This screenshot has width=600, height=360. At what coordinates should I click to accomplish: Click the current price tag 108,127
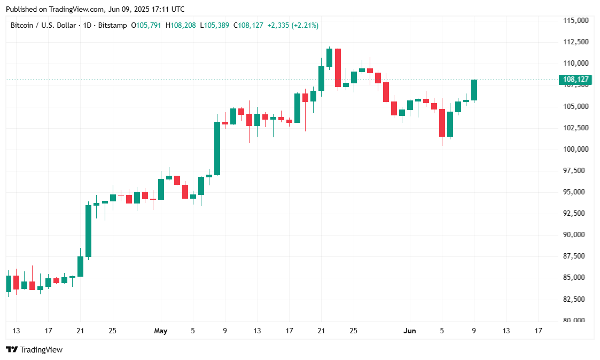[575, 80]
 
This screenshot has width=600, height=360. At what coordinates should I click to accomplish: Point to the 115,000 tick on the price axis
[575, 20]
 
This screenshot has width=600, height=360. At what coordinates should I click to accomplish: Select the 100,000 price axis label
[575, 149]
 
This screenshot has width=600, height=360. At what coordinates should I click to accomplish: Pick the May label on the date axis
[160, 331]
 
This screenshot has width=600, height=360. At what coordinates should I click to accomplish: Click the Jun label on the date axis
[410, 331]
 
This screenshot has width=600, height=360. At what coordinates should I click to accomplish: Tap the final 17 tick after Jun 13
[538, 331]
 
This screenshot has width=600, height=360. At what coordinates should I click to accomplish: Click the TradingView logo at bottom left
[34, 350]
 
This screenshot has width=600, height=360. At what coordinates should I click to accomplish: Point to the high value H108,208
[181, 25]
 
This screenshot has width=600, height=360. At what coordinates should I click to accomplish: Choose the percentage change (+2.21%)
[305, 25]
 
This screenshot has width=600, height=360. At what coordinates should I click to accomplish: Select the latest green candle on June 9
[474, 90]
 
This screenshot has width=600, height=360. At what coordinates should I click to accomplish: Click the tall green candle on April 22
[88, 231]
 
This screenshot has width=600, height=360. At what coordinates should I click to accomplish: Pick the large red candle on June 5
[442, 123]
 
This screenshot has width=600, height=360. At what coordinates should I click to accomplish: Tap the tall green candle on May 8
[217, 148]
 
